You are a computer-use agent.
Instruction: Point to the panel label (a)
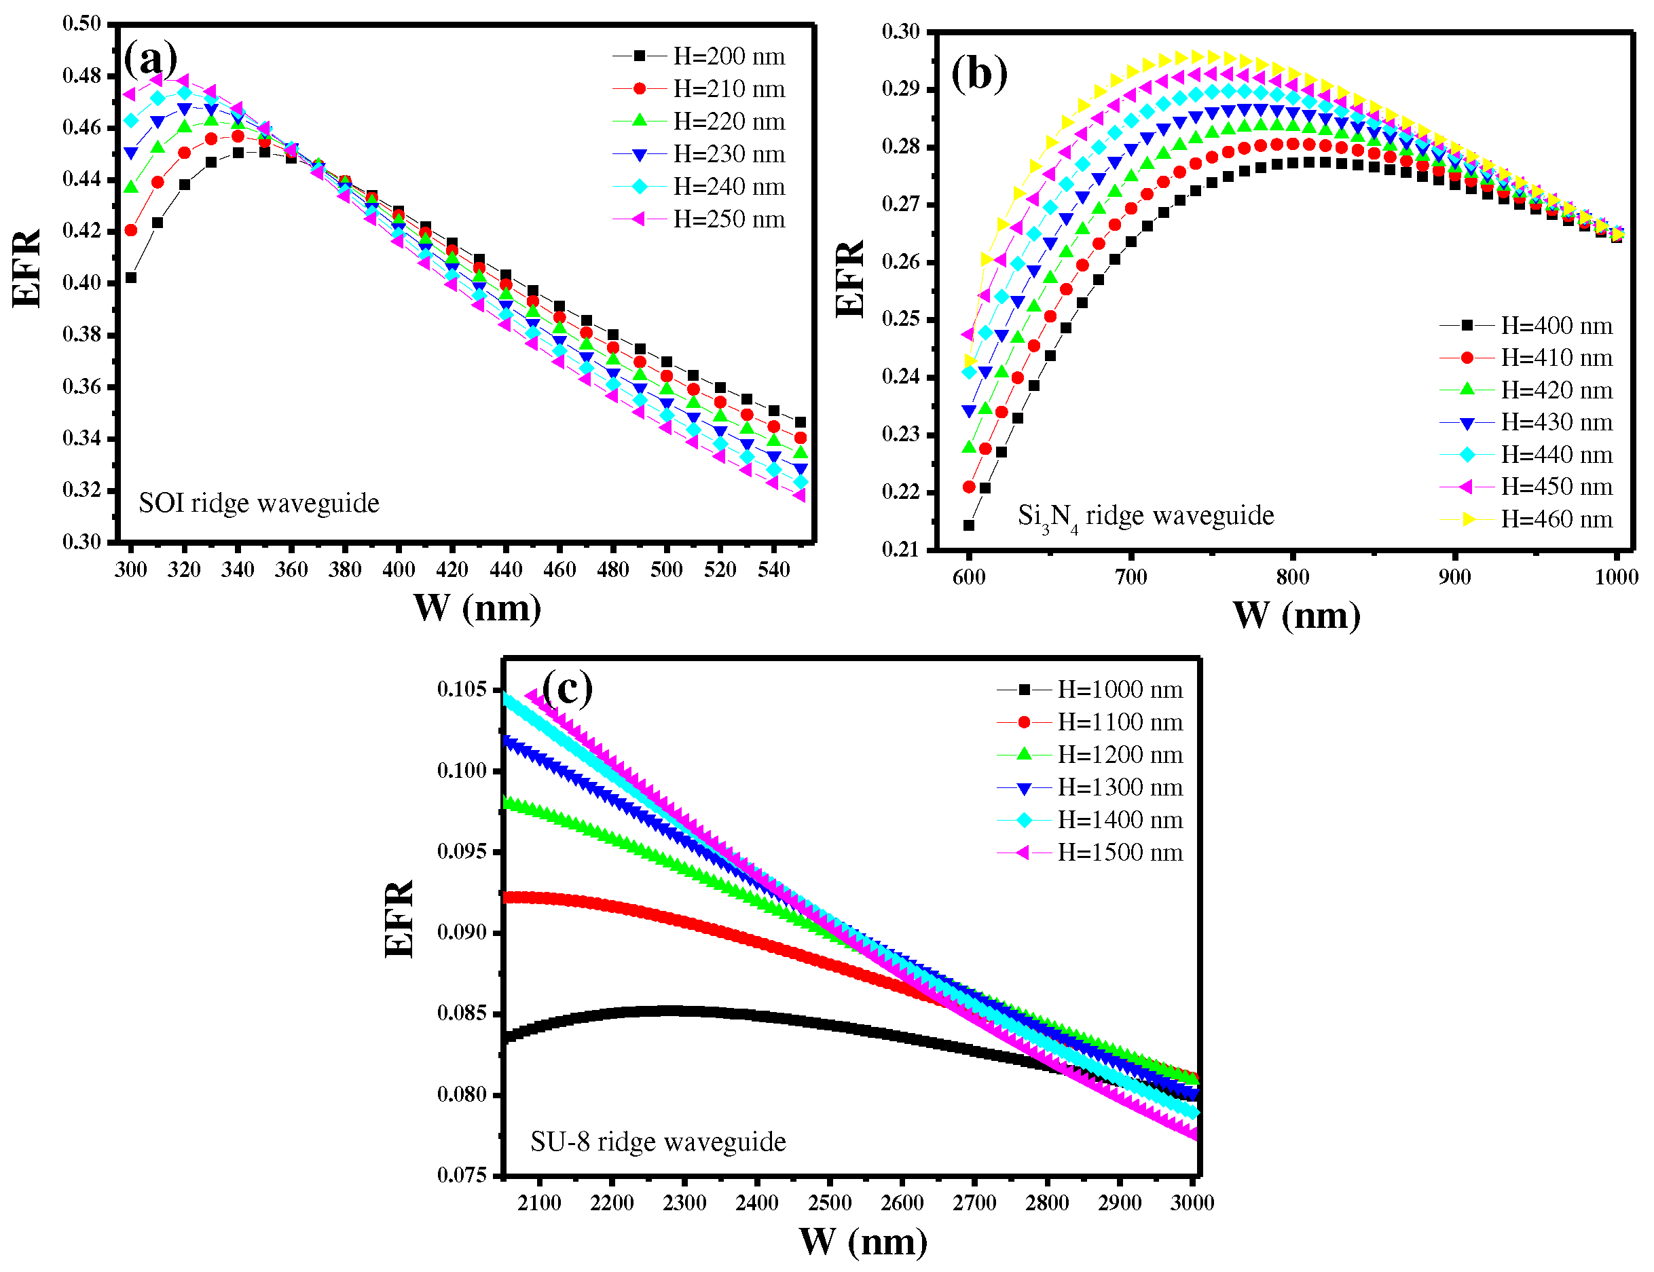pyautogui.click(x=151, y=58)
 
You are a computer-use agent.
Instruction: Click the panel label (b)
pyautogui.click(x=978, y=73)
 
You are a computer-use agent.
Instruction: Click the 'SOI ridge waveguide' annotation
pyautogui.click(x=259, y=504)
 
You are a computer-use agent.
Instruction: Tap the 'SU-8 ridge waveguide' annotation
pyautogui.click(x=658, y=1142)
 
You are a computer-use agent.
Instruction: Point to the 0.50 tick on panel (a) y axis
pyautogui.click(x=81, y=24)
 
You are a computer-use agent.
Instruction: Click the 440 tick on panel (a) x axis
pyautogui.click(x=506, y=569)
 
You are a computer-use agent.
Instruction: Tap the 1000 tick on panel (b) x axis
pyautogui.click(x=1616, y=577)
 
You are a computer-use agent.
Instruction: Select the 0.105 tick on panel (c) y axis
pyautogui.click(x=461, y=690)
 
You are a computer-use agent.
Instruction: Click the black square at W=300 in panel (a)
pyautogui.click(x=131, y=278)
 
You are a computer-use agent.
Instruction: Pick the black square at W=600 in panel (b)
pyautogui.click(x=969, y=525)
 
